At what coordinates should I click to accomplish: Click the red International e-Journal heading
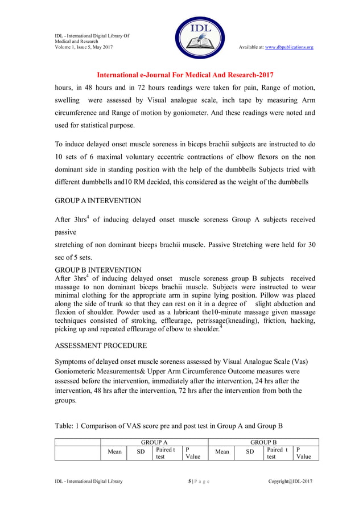pyautogui.click(x=185, y=75)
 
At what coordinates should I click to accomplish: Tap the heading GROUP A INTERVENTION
pyautogui.click(x=98, y=201)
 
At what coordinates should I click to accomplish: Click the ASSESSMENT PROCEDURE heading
pyautogui.click(x=101, y=346)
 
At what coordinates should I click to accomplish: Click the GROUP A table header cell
pyautogui.click(x=154, y=442)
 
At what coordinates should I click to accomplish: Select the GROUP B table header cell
pyautogui.click(x=264, y=442)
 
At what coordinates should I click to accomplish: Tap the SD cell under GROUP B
pyautogui.click(x=249, y=452)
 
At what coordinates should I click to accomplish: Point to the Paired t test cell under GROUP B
pyautogui.click(x=278, y=453)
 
